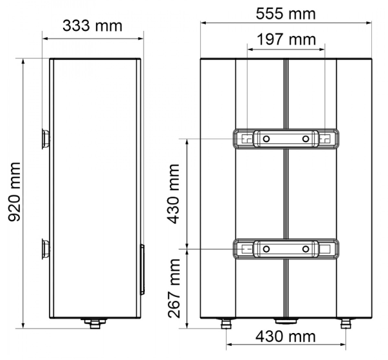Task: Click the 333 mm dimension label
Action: click(x=92, y=26)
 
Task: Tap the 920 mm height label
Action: click(x=14, y=192)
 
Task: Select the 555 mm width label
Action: click(x=286, y=14)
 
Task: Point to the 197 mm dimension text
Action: click(x=286, y=39)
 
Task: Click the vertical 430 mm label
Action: click(x=173, y=194)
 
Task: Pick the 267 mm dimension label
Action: click(x=174, y=288)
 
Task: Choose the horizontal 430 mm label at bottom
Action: click(x=286, y=336)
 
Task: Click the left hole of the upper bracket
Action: click(x=266, y=139)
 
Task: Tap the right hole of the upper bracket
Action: click(x=306, y=139)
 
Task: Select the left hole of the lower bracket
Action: click(x=266, y=249)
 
